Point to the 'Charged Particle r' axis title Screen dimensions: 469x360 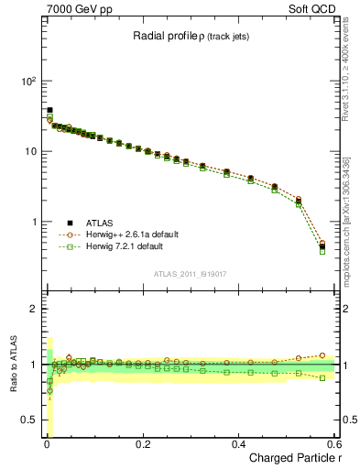point(294,459)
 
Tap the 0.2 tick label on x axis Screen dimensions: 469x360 point(142,445)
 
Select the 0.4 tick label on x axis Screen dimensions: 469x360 point(238,445)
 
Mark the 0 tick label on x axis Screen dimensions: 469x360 point(46,445)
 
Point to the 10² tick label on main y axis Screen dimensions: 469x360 point(27,81)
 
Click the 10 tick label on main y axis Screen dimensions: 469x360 point(29,151)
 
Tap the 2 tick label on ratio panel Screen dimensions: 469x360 point(34,309)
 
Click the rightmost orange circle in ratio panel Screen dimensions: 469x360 point(322,355)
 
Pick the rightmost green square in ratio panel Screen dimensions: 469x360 point(322,377)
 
